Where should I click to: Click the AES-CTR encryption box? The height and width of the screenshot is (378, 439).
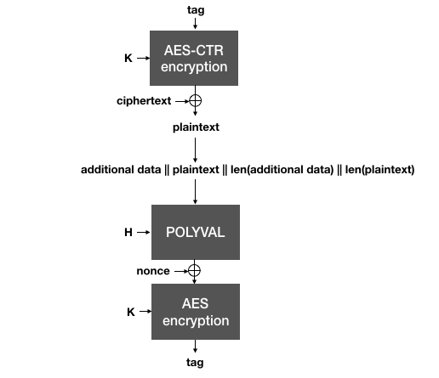coord(195,58)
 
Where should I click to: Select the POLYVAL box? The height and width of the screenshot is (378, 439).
coord(195,232)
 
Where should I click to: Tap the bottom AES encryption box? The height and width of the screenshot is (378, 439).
coord(195,312)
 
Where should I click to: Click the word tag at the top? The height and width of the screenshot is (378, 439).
coord(195,10)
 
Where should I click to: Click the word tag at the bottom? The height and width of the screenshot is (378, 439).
coord(195,363)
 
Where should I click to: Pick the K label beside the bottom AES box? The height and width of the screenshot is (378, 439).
coord(130,312)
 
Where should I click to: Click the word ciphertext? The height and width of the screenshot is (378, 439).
coord(145,101)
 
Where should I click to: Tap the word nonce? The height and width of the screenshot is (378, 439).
coord(153,271)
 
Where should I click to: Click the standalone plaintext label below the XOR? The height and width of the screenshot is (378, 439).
coord(195,127)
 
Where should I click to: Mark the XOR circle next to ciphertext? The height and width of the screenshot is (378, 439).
coord(195,101)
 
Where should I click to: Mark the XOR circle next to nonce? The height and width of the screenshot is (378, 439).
coord(195,271)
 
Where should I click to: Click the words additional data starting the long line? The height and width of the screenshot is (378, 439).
coord(121,170)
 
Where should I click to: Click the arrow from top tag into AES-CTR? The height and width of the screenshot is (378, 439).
coord(195,23)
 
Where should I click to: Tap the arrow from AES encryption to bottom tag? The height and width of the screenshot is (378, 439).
coord(195,347)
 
